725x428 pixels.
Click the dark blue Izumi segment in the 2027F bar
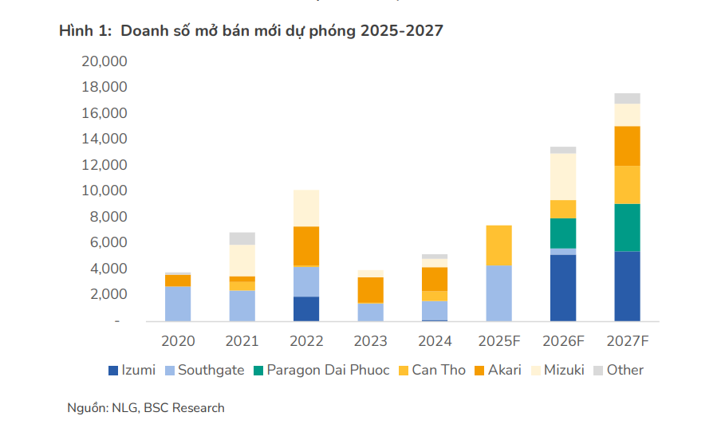pos(627,286)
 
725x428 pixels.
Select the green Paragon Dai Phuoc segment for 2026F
pos(562,233)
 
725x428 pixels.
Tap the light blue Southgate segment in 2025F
pos(498,293)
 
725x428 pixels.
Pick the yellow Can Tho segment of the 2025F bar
pos(498,245)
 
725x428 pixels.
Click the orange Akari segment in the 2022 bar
pos(306,246)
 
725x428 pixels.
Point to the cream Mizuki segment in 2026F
pos(562,177)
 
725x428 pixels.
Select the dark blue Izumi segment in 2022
pos(306,308)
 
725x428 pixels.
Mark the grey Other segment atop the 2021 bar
pos(242,238)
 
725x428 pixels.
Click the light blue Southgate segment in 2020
pos(178,303)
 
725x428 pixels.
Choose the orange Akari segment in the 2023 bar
pos(370,290)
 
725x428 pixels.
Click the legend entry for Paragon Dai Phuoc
pos(321,370)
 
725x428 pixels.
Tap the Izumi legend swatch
pos(113,370)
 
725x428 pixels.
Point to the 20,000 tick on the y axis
pos(104,61)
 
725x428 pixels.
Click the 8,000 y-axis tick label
pos(108,217)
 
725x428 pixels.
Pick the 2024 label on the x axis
pos(435,341)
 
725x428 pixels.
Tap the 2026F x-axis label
pos(563,341)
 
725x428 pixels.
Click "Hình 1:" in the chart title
pos(85,31)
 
